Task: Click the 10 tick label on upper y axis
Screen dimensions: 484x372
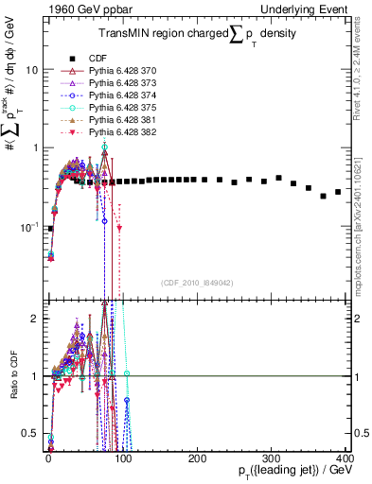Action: click(32, 70)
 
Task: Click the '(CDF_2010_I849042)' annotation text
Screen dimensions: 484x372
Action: click(196, 283)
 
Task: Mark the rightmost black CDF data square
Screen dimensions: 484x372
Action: click(339, 193)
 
